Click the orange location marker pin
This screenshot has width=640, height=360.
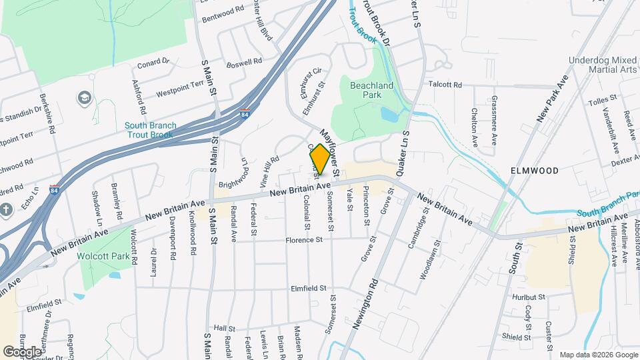(320, 159)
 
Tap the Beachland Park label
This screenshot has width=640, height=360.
(367, 91)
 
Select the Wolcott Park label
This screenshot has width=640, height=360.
(105, 237)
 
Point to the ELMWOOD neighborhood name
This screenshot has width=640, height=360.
(534, 171)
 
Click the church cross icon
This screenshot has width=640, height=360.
(7, 209)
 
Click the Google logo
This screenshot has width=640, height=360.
(22, 351)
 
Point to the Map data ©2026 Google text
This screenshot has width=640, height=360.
(597, 355)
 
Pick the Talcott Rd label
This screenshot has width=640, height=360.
(445, 85)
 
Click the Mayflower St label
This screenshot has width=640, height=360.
(329, 147)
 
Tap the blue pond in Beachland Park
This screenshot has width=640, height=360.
(389, 114)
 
